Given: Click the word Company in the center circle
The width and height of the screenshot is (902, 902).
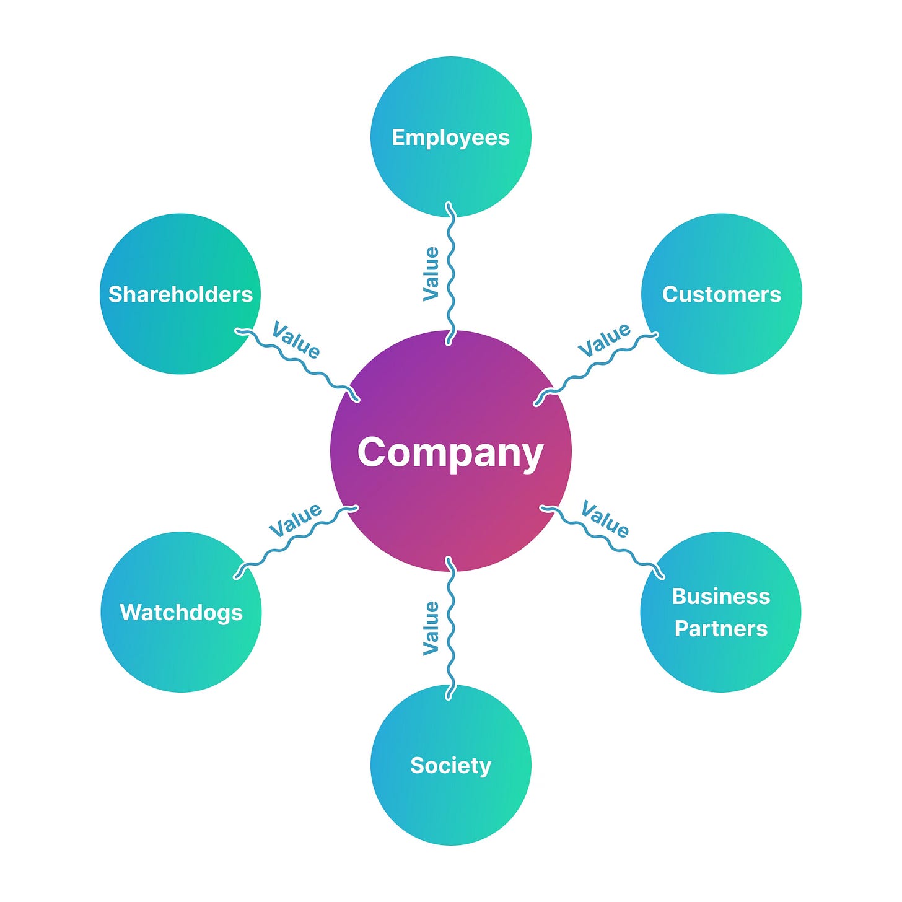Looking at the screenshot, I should click(450, 453).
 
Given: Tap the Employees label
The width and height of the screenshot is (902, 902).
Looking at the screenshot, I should click(450, 138).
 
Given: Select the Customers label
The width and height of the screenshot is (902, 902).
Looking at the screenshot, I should click(721, 294).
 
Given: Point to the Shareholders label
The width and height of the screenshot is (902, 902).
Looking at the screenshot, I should click(180, 294).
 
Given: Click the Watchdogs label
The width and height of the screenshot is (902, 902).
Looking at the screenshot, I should click(181, 612).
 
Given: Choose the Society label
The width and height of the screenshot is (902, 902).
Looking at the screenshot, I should click(450, 766).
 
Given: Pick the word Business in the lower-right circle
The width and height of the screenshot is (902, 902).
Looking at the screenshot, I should click(721, 596).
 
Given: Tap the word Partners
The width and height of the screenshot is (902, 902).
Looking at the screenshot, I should click(721, 629).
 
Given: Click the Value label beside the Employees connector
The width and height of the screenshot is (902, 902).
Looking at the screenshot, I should click(431, 274).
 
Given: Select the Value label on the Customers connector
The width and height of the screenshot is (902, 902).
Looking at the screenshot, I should click(604, 339).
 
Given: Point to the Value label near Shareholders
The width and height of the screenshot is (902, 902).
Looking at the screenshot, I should click(296, 340).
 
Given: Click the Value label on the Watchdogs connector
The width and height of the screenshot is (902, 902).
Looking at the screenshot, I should click(296, 520).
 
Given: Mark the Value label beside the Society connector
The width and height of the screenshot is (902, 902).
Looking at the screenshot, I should click(431, 628).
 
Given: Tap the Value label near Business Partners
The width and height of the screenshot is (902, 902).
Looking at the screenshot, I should click(605, 519).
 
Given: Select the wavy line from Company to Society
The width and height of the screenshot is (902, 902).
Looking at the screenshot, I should click(451, 628).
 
